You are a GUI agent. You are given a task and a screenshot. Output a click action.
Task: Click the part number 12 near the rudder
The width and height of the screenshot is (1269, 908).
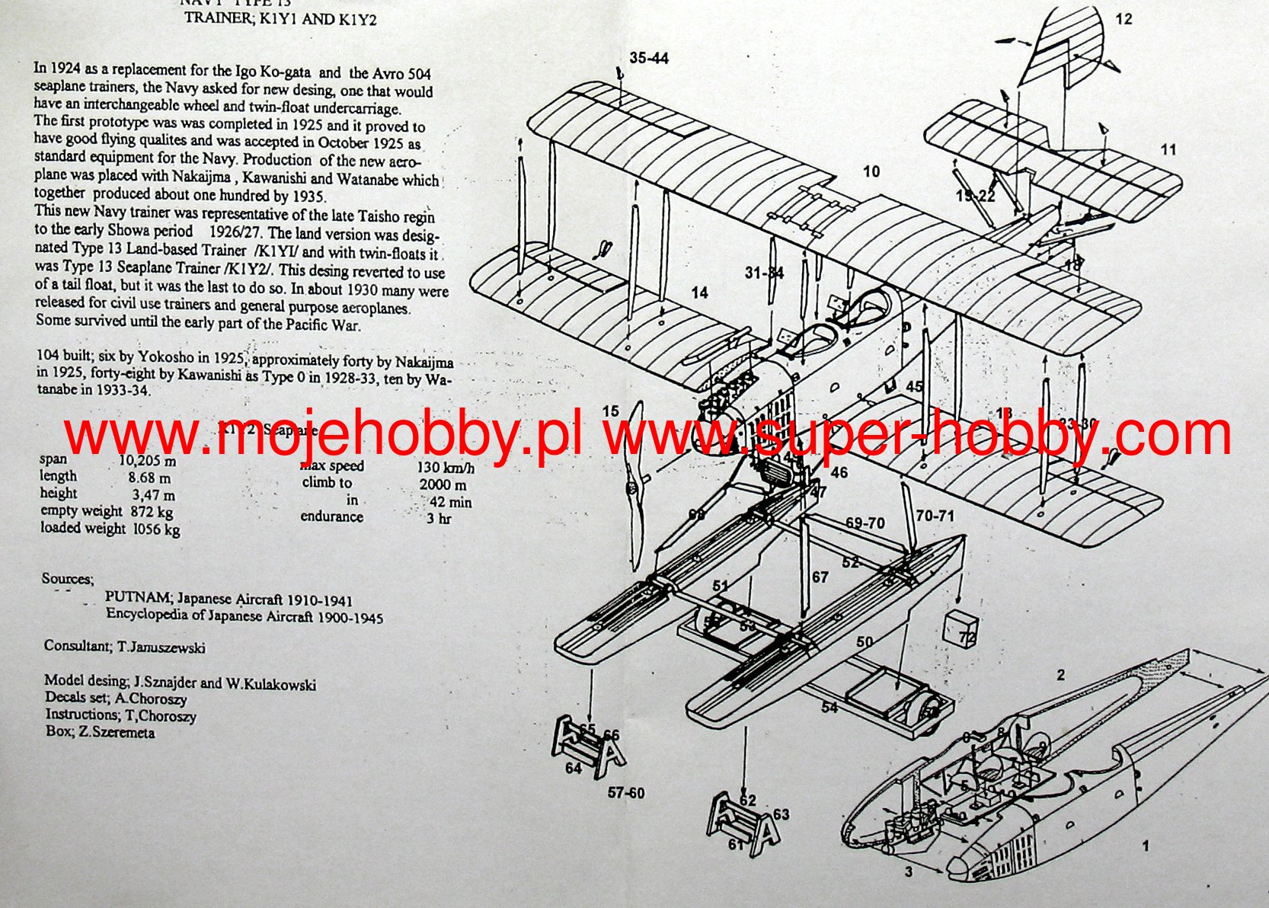[1124, 19]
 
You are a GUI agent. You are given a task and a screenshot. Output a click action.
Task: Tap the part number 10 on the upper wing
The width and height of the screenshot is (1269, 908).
[871, 171]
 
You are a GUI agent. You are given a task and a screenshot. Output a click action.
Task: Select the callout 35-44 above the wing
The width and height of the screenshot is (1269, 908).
[649, 58]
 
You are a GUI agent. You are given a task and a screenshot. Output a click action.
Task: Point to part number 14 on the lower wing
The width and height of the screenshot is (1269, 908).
[699, 293]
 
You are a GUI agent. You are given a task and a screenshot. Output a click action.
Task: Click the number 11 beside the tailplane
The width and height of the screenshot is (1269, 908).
[1168, 149]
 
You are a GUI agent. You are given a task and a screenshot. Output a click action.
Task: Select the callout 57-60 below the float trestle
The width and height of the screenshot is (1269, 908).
[626, 793]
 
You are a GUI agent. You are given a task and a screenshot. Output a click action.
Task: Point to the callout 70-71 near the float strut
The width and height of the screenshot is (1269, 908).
[935, 516]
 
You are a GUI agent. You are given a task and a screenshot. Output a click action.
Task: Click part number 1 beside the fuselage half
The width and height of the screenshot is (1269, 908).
[1145, 846]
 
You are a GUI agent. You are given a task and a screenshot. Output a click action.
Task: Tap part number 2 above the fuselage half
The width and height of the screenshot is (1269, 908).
[1060, 675]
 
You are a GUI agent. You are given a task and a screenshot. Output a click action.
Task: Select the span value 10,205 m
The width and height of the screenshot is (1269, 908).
[147, 461]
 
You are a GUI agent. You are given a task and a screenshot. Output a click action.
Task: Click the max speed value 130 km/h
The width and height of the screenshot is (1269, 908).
[445, 467]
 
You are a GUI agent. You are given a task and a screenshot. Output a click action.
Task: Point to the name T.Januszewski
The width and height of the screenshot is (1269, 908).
[161, 647]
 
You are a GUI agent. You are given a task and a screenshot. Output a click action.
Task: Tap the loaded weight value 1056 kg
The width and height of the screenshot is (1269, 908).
[156, 529]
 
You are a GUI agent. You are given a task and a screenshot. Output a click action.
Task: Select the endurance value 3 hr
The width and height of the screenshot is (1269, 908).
[439, 519]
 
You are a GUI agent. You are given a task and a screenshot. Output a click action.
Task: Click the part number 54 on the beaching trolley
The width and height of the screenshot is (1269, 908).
[829, 708]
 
